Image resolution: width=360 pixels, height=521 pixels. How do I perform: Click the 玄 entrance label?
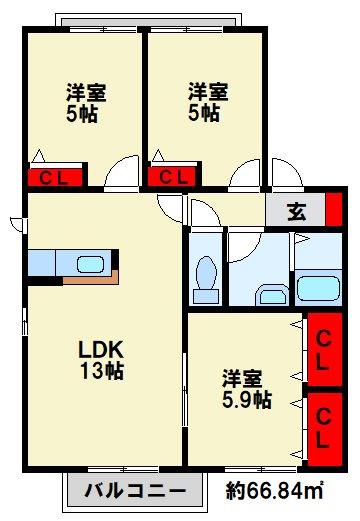297,212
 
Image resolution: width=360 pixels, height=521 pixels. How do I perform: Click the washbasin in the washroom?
271,294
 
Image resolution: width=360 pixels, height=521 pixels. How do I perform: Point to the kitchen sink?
90,264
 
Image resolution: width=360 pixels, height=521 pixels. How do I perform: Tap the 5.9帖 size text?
246,400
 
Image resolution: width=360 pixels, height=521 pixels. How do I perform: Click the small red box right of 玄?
334,212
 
